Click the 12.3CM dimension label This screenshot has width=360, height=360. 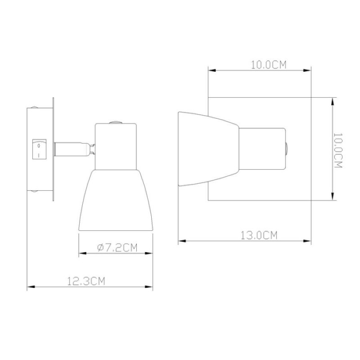86,281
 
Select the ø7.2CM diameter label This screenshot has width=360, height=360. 117,248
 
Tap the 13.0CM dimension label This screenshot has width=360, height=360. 259,235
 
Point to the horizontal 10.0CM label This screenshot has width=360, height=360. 269,65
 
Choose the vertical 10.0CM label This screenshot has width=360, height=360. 338,150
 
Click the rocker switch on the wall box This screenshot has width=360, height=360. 39,149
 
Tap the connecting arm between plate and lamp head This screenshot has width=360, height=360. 72,149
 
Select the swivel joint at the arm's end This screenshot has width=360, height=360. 93,149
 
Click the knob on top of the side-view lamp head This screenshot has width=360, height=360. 116,122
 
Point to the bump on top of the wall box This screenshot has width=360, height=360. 34,107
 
